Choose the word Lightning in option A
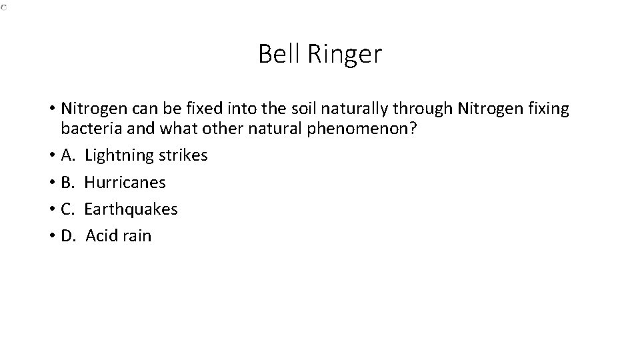tap(119, 155)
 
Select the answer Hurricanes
tap(125, 182)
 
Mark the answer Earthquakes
tap(131, 209)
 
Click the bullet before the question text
tap(51, 109)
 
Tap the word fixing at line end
tap(549, 109)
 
